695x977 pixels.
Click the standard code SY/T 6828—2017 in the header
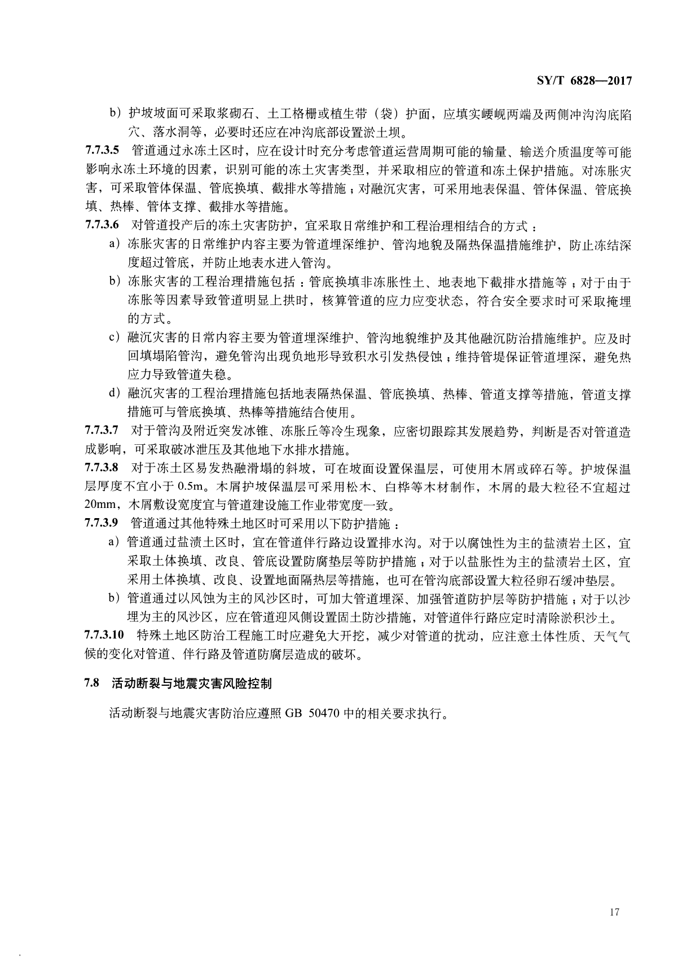(582, 81)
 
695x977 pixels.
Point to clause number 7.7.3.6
(102, 225)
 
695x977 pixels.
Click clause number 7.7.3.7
(102, 432)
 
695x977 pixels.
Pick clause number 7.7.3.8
(102, 468)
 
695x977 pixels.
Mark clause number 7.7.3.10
(105, 636)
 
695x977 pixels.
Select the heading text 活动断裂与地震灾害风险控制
(192, 684)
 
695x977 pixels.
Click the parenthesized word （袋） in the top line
(377, 115)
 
